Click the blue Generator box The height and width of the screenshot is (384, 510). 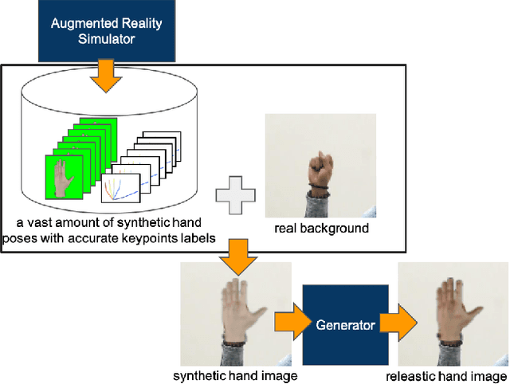point(344,324)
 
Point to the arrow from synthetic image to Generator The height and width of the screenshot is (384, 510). point(288,323)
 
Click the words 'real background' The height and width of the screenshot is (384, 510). point(321,229)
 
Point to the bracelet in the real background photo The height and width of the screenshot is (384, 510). point(320,189)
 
